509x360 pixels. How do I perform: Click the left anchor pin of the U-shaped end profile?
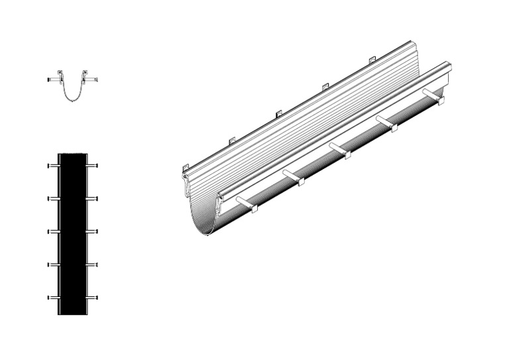pos(52,80)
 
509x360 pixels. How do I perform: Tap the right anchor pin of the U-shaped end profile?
pos(95,80)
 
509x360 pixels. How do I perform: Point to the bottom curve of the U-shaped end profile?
pos(73,99)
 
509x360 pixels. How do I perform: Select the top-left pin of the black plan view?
pos(52,165)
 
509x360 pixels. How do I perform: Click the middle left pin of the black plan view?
pos(52,231)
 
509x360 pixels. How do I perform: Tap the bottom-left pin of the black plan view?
pos(52,298)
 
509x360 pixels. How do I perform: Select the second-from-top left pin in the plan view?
pos(52,198)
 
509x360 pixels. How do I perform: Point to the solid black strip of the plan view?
pos(73,232)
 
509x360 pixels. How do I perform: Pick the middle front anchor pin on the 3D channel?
pos(339,149)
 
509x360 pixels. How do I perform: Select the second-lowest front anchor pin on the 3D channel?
pos(292,176)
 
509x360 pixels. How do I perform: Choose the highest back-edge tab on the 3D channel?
pos(372,62)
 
